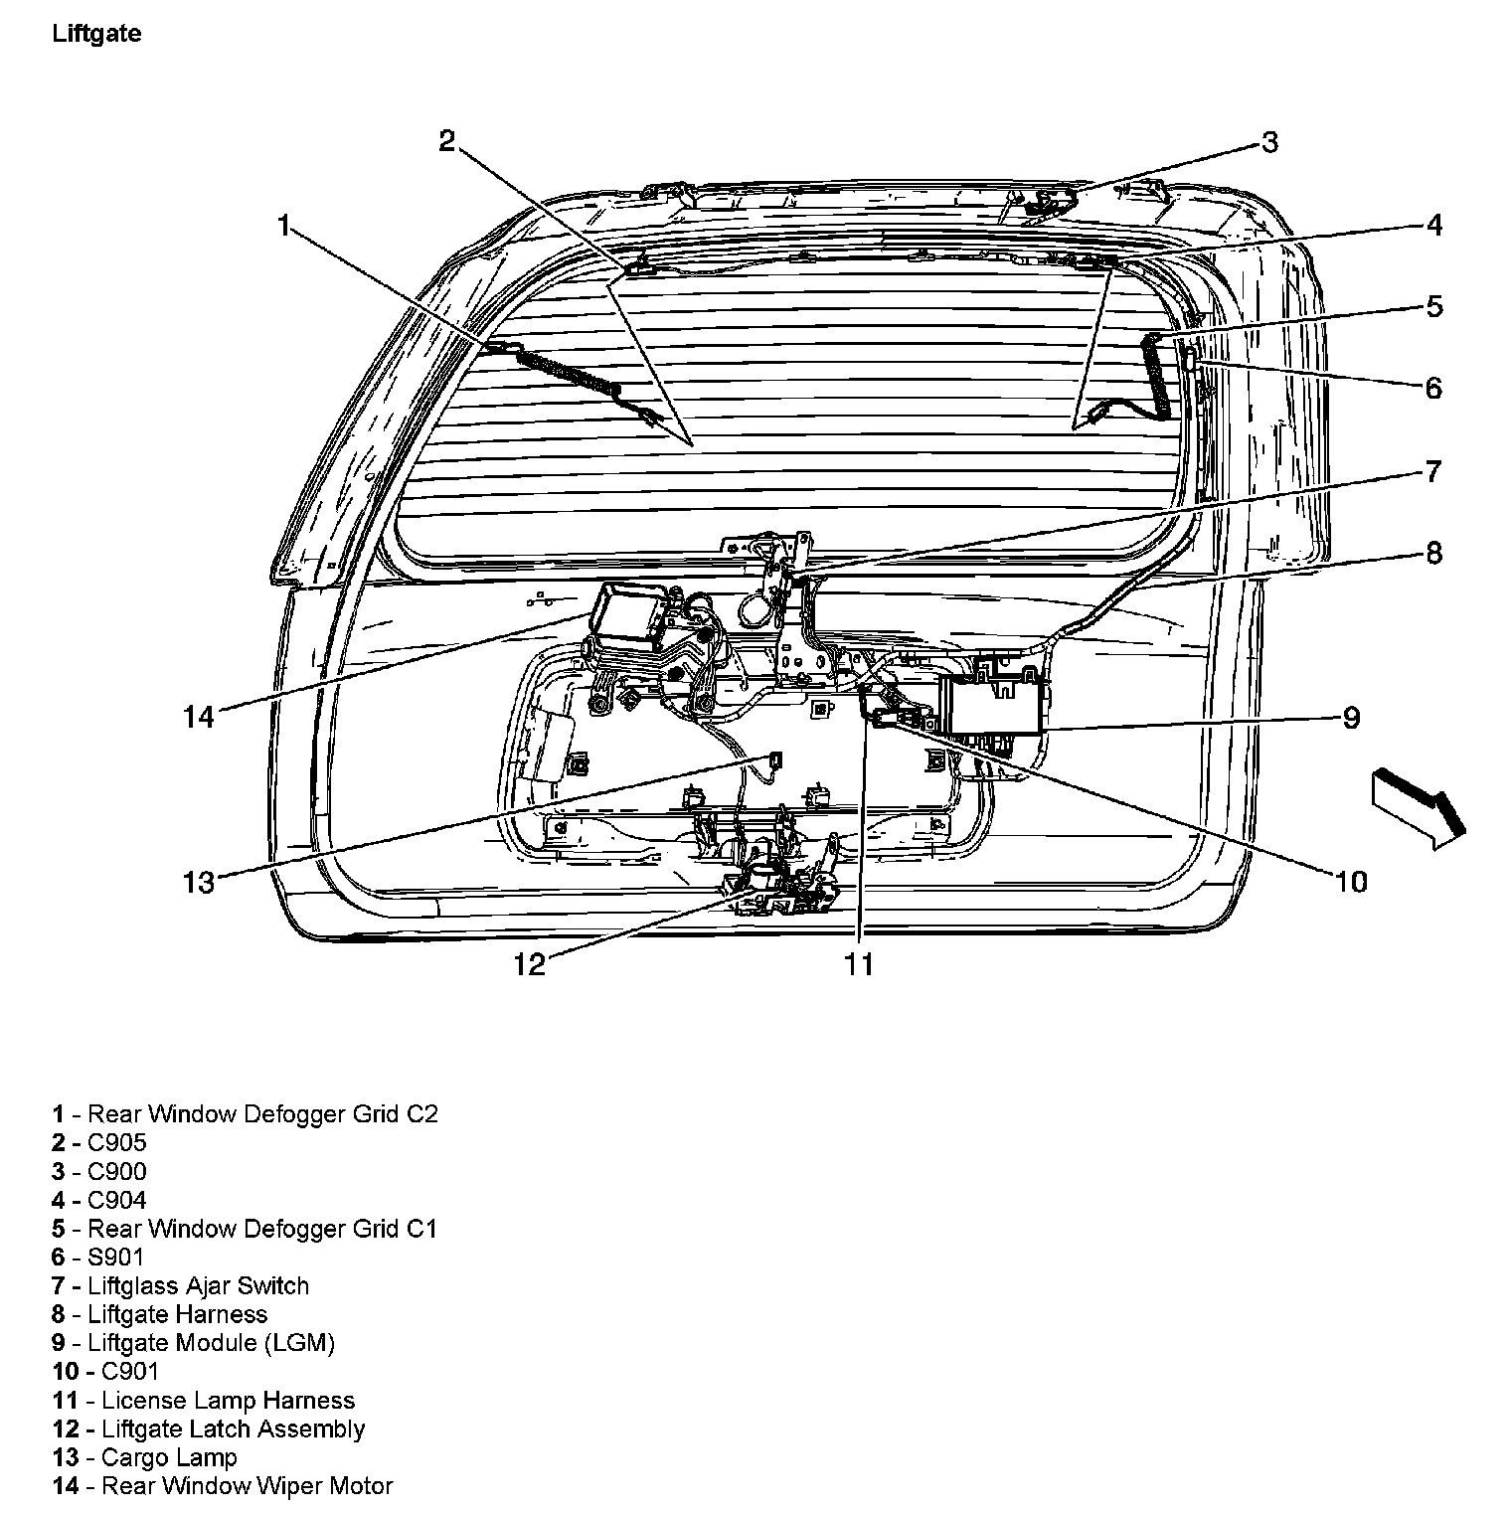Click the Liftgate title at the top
pyautogui.click(x=96, y=34)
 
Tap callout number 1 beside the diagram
pyautogui.click(x=284, y=227)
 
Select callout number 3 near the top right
pyautogui.click(x=1269, y=143)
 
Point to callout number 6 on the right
pyautogui.click(x=1432, y=388)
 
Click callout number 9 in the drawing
pyautogui.click(x=1351, y=718)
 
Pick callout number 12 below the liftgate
pyautogui.click(x=530, y=963)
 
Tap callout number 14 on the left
pyautogui.click(x=199, y=716)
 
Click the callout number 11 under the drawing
pyautogui.click(x=859, y=963)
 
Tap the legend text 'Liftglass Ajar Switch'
pyautogui.click(x=198, y=1285)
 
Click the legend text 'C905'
pyautogui.click(x=116, y=1142)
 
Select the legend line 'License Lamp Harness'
pyautogui.click(x=228, y=1400)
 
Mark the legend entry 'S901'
pyautogui.click(x=115, y=1257)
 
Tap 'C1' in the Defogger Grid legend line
pyautogui.click(x=421, y=1228)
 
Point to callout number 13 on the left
pyautogui.click(x=199, y=881)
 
